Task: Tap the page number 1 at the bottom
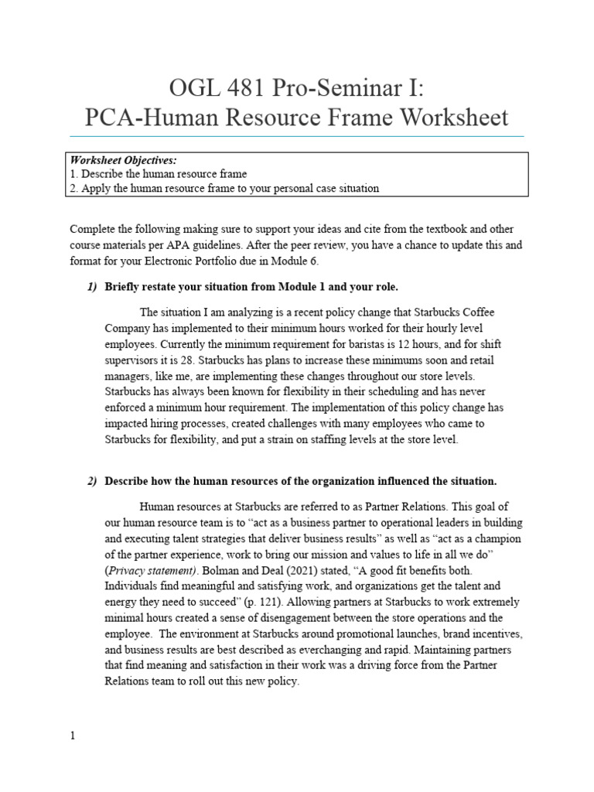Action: pyautogui.click(x=73, y=736)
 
